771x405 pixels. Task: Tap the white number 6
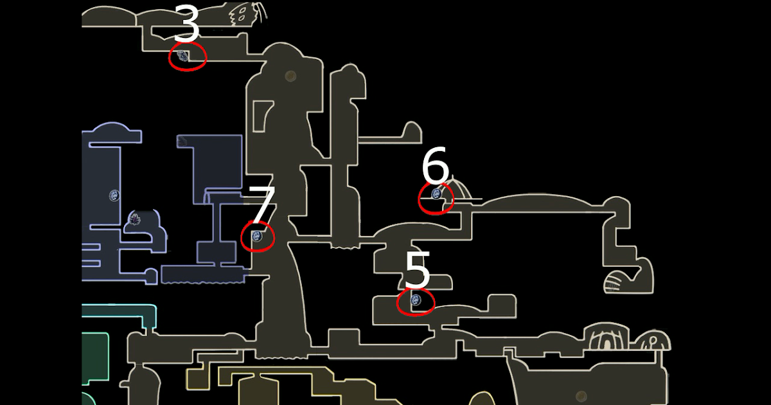[x=435, y=166]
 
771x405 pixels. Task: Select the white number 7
[x=262, y=205]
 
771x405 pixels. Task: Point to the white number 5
[x=417, y=271]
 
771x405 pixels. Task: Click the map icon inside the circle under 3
[x=183, y=56]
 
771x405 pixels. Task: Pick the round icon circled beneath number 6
[x=436, y=194]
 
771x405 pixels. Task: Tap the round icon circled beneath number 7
[x=257, y=236]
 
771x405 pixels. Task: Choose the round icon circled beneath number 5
[x=415, y=300]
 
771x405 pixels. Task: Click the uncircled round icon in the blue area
[x=114, y=195]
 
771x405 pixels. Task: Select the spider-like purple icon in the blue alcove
[x=136, y=219]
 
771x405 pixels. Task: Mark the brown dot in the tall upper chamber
[x=290, y=76]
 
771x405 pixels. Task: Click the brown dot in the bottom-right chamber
[x=581, y=396]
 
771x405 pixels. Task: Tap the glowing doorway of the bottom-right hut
[x=606, y=343]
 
